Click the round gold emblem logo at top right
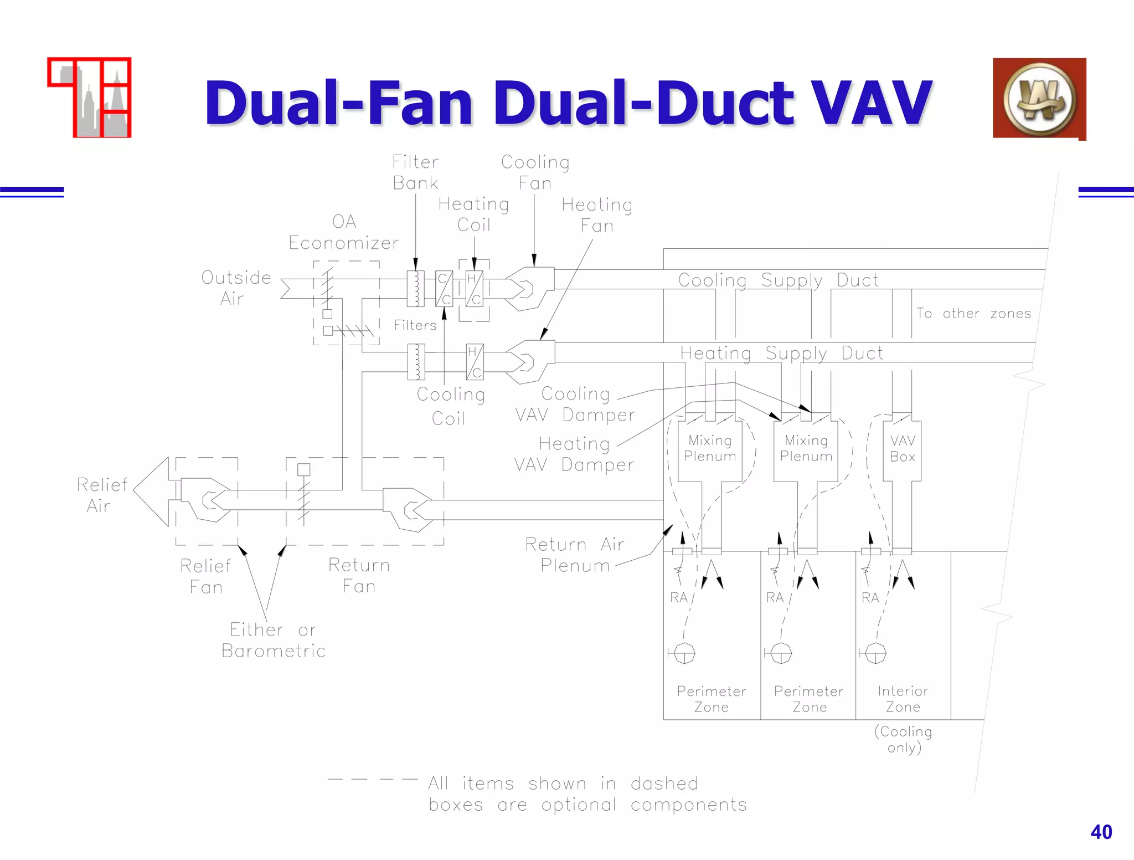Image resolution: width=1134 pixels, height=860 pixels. point(1039,99)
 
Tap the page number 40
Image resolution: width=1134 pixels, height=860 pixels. point(1101,832)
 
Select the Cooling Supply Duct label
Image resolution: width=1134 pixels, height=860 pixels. point(778,280)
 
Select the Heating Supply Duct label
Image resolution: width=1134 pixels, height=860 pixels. point(781,353)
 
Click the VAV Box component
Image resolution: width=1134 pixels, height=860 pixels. point(902,449)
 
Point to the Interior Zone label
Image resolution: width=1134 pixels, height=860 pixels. point(903,699)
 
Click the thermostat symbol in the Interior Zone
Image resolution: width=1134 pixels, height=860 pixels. point(875,653)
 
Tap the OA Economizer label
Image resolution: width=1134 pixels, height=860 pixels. point(343,232)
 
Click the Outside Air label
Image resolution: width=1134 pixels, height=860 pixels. point(236,288)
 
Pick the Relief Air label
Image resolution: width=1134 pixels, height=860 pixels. point(102,495)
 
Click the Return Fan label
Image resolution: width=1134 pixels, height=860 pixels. point(359,575)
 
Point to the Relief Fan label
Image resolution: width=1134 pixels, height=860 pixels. point(205,576)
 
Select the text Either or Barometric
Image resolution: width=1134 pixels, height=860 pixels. point(274,640)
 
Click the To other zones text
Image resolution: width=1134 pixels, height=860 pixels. point(973,314)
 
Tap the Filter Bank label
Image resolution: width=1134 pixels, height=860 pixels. point(415,172)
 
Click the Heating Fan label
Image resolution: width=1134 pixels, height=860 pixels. point(597,215)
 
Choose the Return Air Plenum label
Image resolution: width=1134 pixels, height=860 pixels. point(574,555)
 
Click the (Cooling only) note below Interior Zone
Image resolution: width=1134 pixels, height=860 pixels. point(904,739)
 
